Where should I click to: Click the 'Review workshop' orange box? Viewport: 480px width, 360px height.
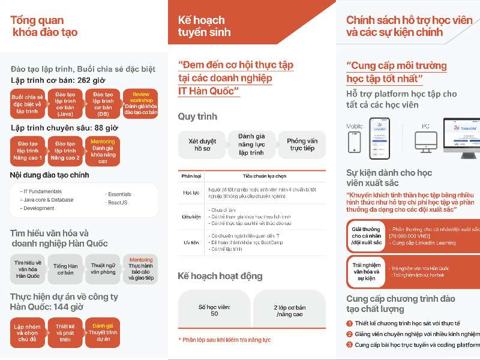140,103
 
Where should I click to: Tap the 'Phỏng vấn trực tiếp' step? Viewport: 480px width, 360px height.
302,145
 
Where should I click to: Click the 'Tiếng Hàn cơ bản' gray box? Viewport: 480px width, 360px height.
65,269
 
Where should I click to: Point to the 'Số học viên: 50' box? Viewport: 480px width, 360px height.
214,310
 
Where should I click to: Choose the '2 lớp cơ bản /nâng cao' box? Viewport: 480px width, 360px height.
288,310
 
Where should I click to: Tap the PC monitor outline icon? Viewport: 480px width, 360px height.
426,141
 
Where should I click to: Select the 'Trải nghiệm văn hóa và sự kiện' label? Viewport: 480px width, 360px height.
367,272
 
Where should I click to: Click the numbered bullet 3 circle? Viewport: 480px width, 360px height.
349,345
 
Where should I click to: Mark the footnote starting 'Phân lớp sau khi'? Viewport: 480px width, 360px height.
224,340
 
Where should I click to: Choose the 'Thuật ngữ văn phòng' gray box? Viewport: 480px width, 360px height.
103,269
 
